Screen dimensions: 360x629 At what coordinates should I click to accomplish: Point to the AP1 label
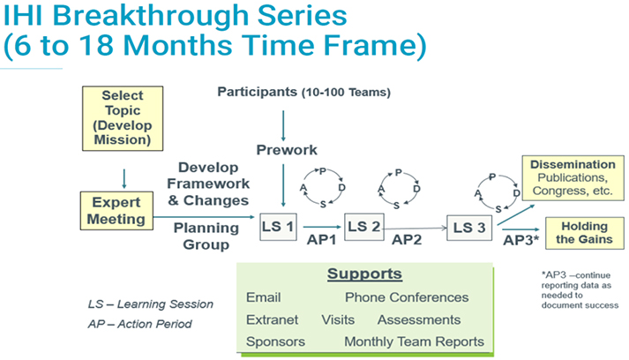(323, 239)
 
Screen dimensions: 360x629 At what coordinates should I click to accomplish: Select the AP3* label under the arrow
(520, 239)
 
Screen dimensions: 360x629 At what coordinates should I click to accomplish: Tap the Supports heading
(364, 274)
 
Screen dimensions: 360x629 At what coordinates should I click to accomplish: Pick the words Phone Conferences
(407, 297)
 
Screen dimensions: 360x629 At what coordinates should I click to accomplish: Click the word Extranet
(273, 319)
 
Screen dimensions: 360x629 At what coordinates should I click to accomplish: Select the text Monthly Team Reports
(414, 341)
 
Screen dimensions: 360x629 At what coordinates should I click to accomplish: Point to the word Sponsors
(275, 341)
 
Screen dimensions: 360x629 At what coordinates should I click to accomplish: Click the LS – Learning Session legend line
(150, 304)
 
